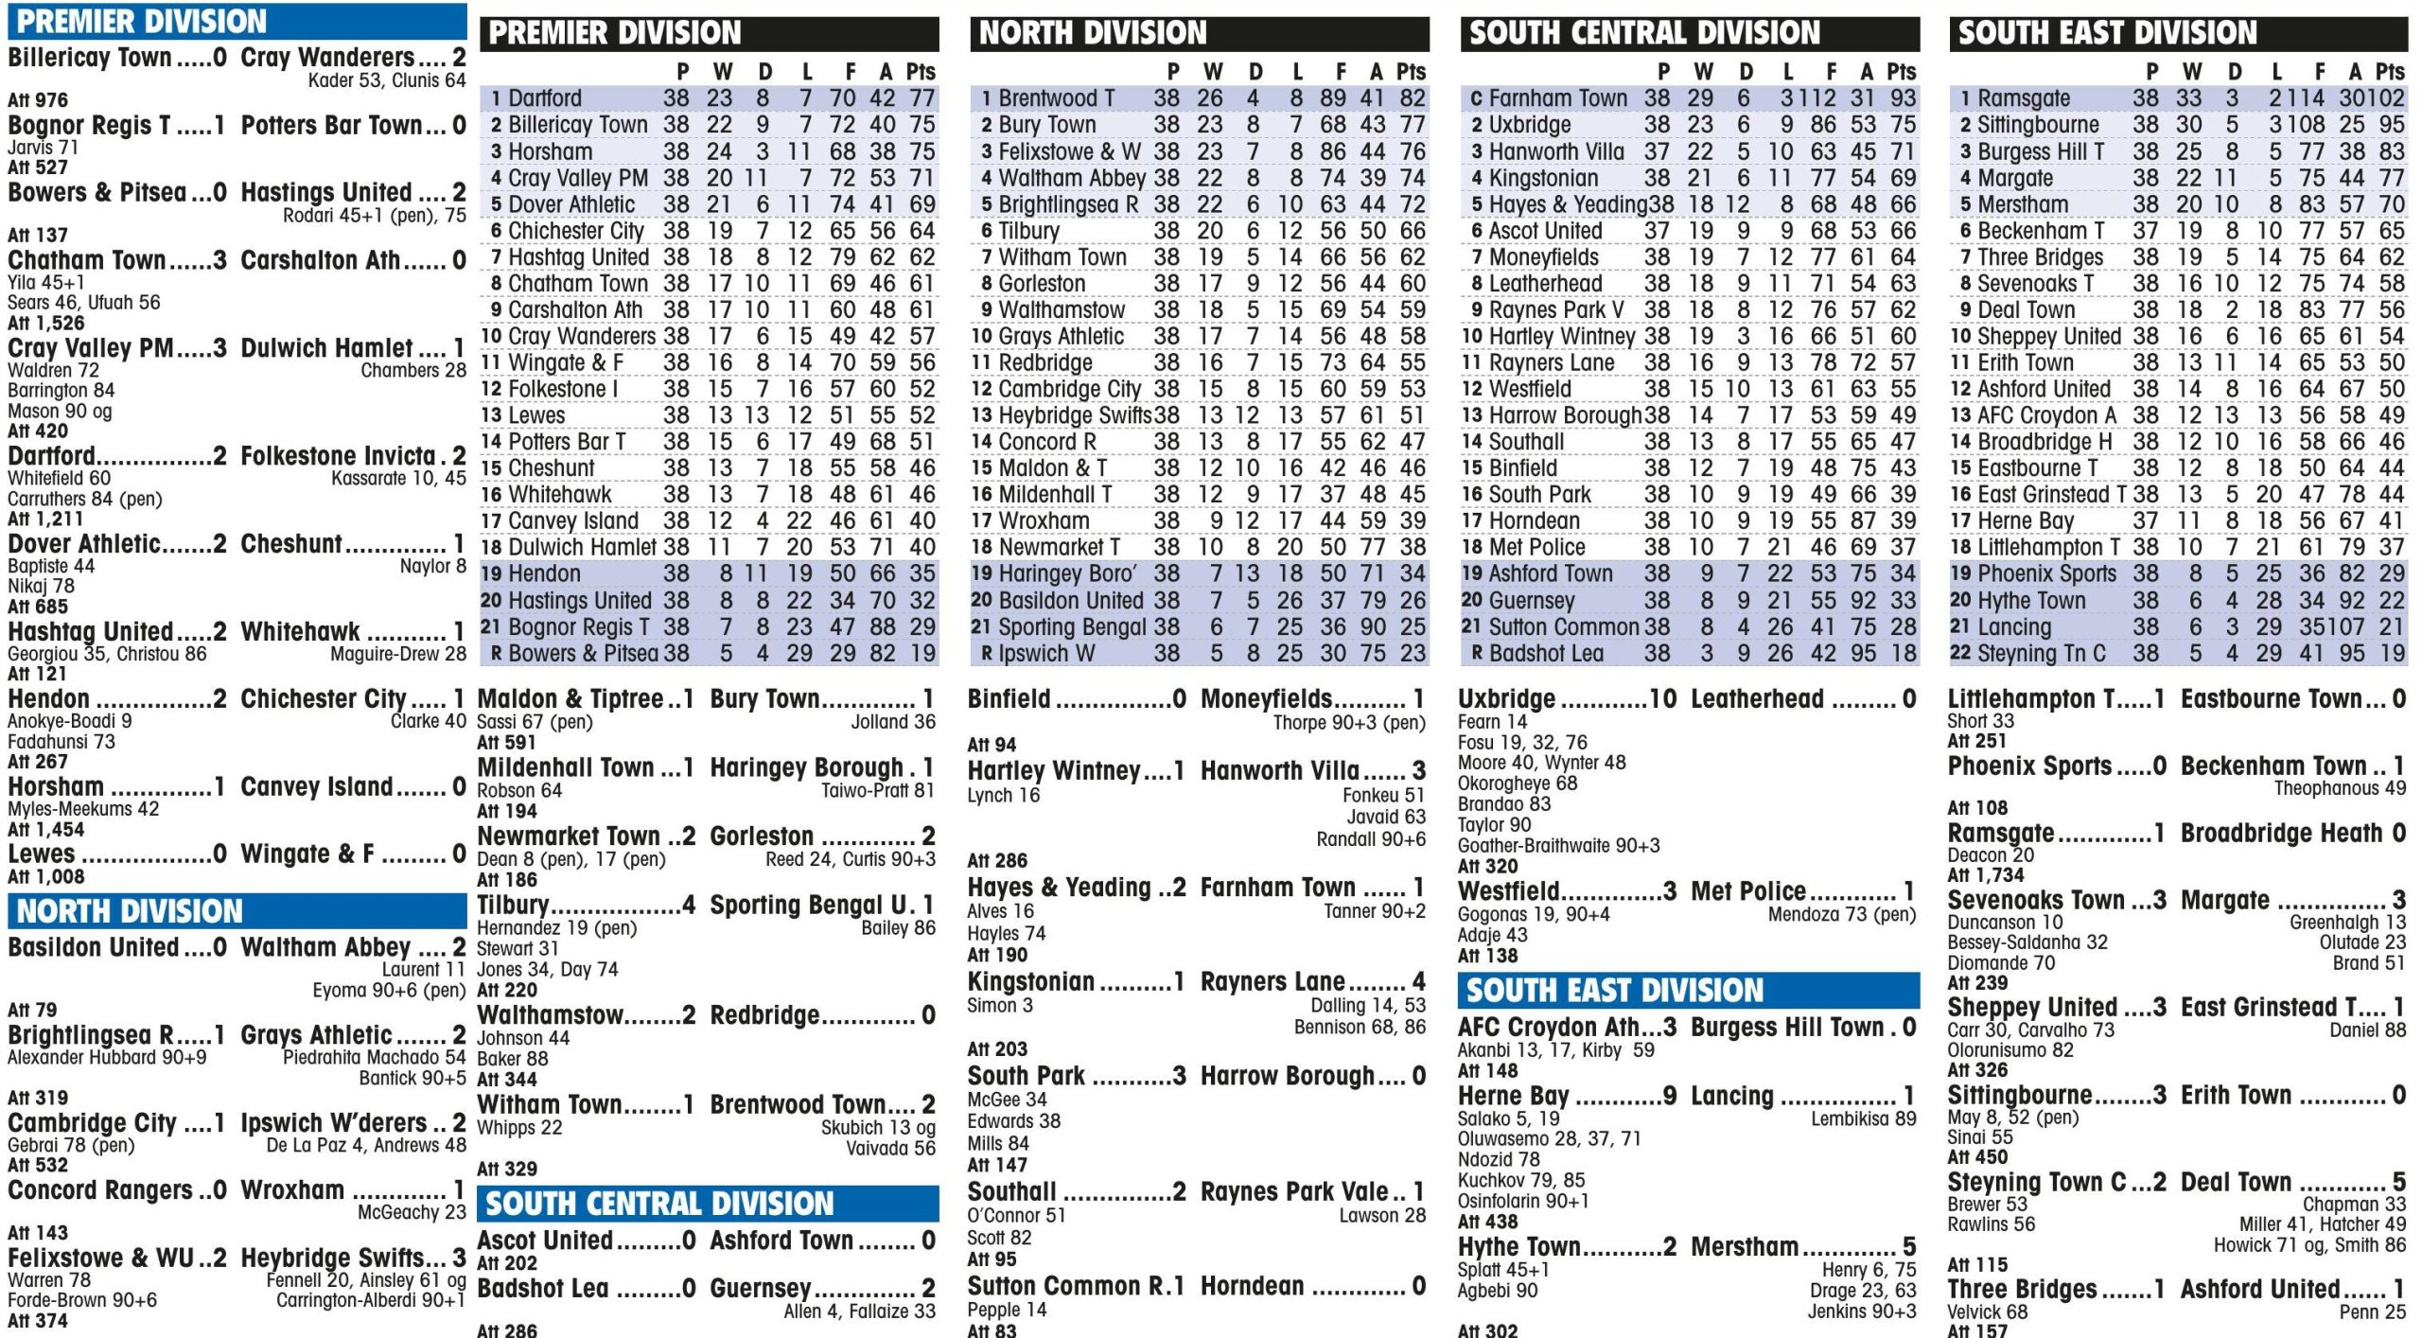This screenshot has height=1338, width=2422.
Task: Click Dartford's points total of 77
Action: pyautogui.click(x=921, y=98)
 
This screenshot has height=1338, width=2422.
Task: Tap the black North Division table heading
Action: pyautogui.click(x=1093, y=34)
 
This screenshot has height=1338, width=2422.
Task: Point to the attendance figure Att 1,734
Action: pyautogui.click(x=1985, y=875)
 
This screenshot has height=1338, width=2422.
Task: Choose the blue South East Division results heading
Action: pyautogui.click(x=1614, y=991)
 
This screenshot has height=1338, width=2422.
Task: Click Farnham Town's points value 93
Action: pyautogui.click(x=1902, y=98)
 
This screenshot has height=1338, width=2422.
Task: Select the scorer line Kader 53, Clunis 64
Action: pyautogui.click(x=387, y=80)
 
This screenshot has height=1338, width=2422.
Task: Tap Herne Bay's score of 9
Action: pyautogui.click(x=1670, y=1096)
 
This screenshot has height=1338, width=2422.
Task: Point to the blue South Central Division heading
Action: pyautogui.click(x=659, y=1204)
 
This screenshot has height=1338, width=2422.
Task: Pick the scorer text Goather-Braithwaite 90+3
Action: pyautogui.click(x=1558, y=846)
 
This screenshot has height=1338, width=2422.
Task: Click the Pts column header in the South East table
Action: pyautogui.click(x=2389, y=72)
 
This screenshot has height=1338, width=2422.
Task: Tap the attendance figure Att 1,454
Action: pyautogui.click(x=45, y=830)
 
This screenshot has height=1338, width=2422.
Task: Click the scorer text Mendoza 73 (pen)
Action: pyautogui.click(x=1841, y=914)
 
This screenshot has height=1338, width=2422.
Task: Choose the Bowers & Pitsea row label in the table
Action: pyautogui.click(x=582, y=654)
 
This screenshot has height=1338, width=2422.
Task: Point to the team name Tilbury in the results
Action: pyautogui.click(x=513, y=906)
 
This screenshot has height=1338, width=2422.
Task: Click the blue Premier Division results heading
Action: pyautogui.click(x=142, y=22)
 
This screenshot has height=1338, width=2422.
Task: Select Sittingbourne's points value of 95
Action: pyautogui.click(x=2391, y=125)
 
